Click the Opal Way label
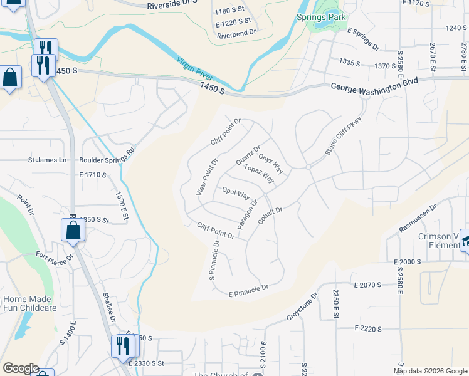click(236, 192)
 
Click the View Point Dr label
click(206, 176)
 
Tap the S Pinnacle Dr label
click(214, 260)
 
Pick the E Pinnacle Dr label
click(248, 290)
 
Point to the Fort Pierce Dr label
click(55, 256)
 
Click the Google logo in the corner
click(20, 368)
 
